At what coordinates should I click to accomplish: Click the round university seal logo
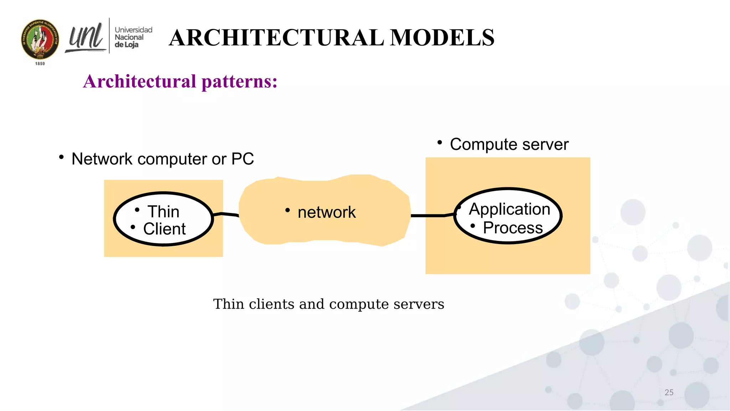point(40,39)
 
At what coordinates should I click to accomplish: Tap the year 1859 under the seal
point(40,64)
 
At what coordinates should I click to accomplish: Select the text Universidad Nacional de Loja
point(133,37)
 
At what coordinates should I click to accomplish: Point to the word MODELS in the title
point(442,37)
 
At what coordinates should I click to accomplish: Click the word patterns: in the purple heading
point(239,81)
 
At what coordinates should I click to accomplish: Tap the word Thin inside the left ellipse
point(163,212)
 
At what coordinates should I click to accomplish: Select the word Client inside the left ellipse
point(164,229)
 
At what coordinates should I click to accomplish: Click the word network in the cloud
point(327,212)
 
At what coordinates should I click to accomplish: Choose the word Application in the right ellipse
point(509,209)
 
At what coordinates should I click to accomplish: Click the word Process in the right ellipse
point(513,228)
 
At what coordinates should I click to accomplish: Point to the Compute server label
point(509,144)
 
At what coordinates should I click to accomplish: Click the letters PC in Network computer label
point(243,159)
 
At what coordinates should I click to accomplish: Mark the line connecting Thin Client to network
point(226,214)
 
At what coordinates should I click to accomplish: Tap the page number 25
point(669,392)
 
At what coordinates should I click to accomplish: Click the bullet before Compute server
point(439,143)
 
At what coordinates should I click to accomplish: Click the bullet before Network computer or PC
point(61,157)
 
